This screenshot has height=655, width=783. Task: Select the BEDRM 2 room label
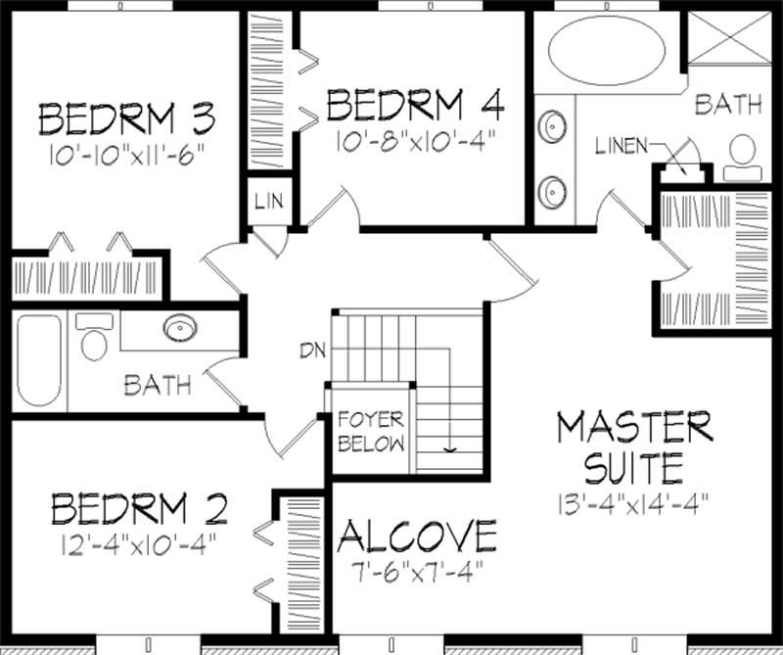pos(139,509)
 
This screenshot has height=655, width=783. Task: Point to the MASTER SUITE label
pos(633,447)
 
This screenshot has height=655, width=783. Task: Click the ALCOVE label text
pos(417,537)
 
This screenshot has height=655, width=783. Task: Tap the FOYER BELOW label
pos(371,432)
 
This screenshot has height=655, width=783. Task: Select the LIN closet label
pos(268,203)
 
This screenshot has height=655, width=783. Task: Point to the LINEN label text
pos(621,146)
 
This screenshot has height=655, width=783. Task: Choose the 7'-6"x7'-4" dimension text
pos(417,570)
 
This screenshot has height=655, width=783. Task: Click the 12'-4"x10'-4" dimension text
pos(139,540)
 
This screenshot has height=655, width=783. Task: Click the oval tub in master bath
pos(604,52)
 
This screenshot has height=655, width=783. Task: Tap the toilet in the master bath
pos(743,157)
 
